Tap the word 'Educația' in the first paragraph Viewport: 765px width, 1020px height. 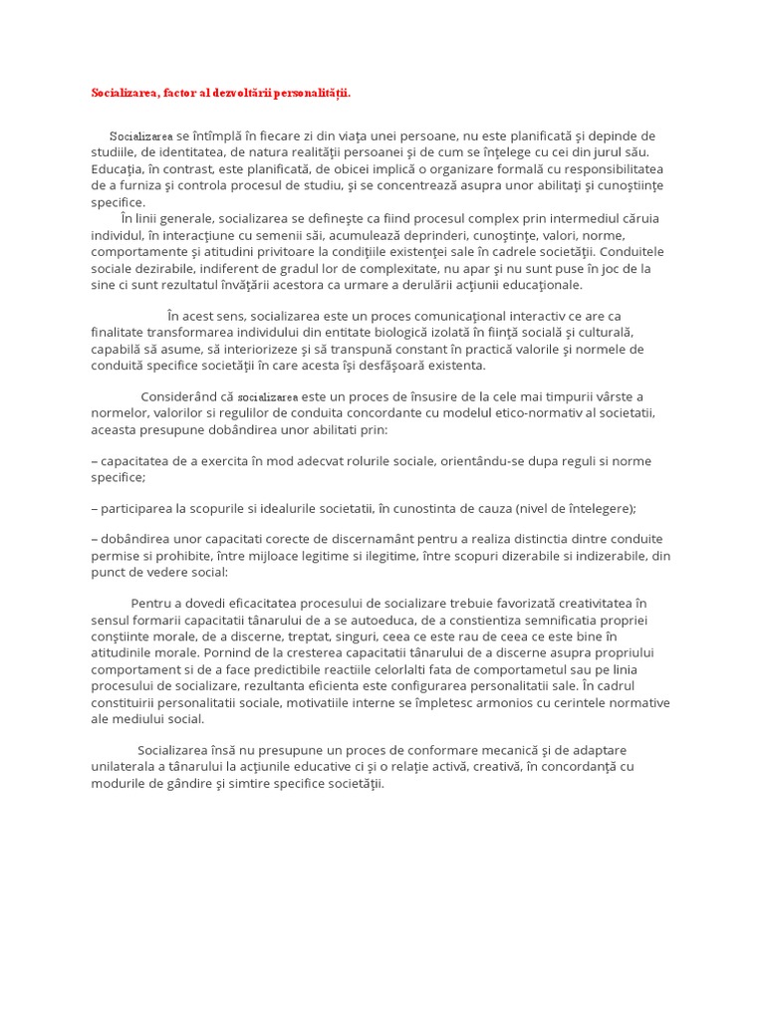click(117, 168)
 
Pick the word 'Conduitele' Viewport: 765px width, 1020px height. click(633, 251)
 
